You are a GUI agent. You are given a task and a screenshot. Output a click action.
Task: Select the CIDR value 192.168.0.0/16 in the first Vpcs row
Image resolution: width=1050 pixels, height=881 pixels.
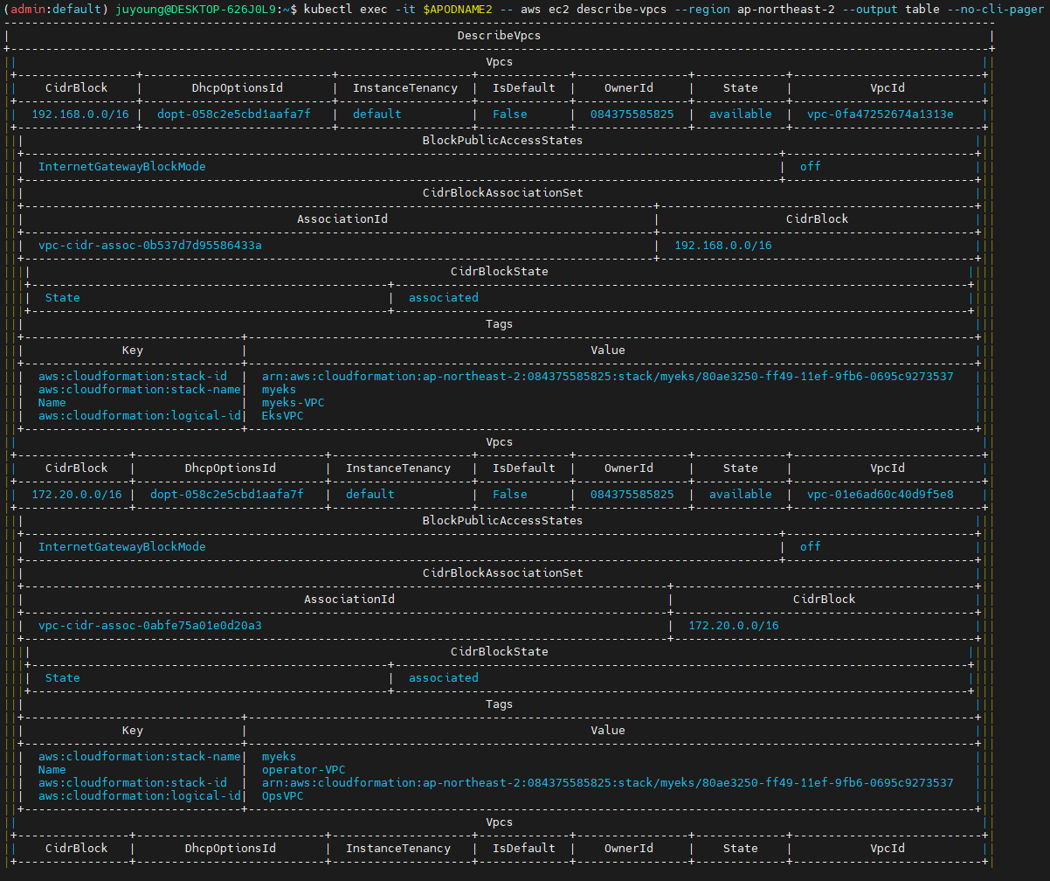80,114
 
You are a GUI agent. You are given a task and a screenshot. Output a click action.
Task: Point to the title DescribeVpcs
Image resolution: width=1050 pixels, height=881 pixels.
499,36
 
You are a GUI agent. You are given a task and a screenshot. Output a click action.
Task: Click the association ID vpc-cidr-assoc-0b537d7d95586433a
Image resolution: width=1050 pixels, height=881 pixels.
150,245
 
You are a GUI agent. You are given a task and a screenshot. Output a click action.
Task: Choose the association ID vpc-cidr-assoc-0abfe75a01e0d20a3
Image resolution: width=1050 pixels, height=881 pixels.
150,625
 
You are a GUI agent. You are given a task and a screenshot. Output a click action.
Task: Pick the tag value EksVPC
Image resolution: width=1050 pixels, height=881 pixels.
283,415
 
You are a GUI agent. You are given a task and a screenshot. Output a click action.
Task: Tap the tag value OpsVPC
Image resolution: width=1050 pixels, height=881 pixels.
283,795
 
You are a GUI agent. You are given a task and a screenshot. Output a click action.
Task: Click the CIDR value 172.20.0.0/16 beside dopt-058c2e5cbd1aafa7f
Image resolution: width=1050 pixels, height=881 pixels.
77,494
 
